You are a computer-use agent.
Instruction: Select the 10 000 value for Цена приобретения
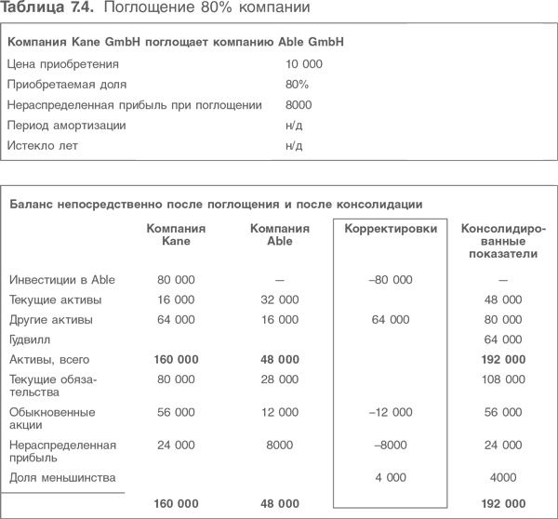click(304, 64)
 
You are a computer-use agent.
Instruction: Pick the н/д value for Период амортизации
click(296, 125)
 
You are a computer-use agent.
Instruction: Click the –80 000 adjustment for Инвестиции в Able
click(390, 280)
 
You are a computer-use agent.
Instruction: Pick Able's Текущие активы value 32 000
click(279, 299)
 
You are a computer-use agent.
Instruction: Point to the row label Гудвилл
click(29, 340)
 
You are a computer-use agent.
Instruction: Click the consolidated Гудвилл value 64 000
click(503, 340)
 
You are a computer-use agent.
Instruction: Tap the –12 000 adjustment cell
click(390, 412)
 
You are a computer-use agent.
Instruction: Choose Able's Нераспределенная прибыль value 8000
click(279, 446)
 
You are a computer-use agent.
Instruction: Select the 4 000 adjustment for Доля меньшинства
click(390, 478)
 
